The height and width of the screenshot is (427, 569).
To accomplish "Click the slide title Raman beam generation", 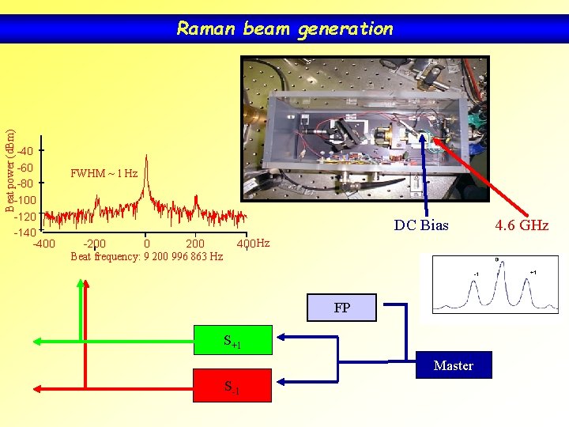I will coord(284,29).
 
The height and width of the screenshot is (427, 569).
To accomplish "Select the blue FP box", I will coord(341,308).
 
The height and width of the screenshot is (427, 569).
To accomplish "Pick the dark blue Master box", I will coord(454,365).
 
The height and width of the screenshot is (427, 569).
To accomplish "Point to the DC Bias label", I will coord(421,225).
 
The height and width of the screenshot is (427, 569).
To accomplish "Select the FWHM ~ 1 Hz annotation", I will coord(104,173).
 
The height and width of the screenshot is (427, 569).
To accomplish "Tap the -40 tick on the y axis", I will coord(25,151).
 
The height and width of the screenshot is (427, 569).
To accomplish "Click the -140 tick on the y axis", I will coord(24,232).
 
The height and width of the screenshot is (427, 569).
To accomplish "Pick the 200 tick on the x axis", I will coord(194,243).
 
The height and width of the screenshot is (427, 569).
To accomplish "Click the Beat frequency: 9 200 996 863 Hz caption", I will coord(146,256).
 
